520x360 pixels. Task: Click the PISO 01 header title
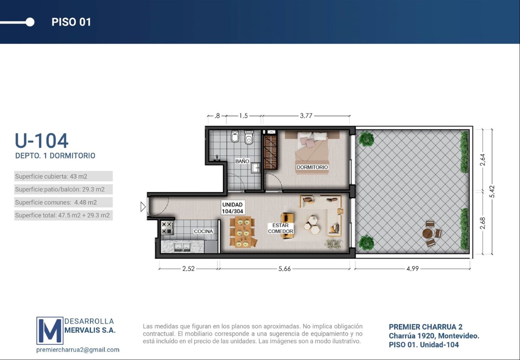(x=71, y=22)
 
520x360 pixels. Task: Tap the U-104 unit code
(x=41, y=140)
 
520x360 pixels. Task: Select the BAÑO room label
(x=242, y=161)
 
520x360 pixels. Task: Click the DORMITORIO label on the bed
(x=312, y=167)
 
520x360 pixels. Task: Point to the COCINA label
(x=203, y=231)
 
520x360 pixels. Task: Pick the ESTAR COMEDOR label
(x=280, y=228)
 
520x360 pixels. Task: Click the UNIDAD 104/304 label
(x=232, y=208)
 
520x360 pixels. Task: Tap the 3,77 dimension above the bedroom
(x=306, y=116)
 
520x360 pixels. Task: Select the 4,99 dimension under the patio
(x=412, y=269)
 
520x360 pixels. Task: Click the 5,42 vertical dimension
(x=492, y=191)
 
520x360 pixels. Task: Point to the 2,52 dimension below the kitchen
(x=188, y=269)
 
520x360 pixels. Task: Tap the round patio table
(x=427, y=234)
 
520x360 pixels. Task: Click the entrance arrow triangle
(x=143, y=207)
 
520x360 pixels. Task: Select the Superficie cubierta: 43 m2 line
(x=51, y=176)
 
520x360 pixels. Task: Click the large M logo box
(x=50, y=331)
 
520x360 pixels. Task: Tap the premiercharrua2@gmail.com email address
(x=78, y=350)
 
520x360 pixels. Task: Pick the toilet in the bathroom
(x=249, y=137)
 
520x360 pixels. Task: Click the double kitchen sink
(x=182, y=247)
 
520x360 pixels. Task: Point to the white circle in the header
(x=30, y=22)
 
